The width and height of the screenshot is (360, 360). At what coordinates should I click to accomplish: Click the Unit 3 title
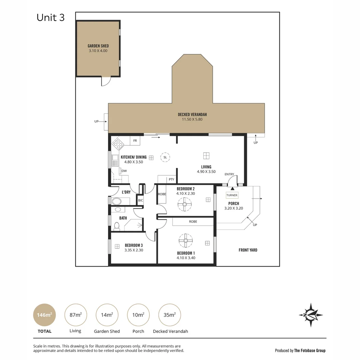click(x=51, y=18)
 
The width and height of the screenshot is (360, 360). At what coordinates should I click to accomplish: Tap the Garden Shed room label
click(x=98, y=46)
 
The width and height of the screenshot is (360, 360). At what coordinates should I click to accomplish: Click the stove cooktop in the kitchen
click(x=118, y=144)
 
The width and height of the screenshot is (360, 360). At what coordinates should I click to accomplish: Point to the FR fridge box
click(x=135, y=141)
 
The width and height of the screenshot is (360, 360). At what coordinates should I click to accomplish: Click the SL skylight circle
click(x=165, y=157)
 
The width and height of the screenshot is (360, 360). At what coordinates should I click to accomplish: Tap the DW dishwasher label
click(x=124, y=171)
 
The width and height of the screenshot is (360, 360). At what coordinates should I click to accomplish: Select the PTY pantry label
click(x=171, y=179)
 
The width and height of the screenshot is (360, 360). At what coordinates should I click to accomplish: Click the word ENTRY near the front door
click(x=229, y=174)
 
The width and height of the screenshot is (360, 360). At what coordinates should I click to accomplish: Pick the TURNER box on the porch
click(x=232, y=195)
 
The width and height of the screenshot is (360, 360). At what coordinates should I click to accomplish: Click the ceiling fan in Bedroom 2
click(x=185, y=204)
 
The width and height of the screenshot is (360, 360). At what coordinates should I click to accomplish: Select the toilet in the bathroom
click(x=117, y=226)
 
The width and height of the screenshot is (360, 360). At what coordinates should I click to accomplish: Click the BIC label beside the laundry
click(x=140, y=200)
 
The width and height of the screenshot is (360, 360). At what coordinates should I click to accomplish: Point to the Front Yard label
click(x=248, y=250)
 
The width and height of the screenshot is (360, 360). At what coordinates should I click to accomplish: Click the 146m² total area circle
click(x=44, y=315)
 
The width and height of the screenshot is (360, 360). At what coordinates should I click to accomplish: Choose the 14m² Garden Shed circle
click(x=107, y=315)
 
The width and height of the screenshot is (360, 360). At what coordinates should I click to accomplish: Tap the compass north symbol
click(x=311, y=315)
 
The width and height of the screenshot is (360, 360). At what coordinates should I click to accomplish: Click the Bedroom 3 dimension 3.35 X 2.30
click(x=134, y=250)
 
